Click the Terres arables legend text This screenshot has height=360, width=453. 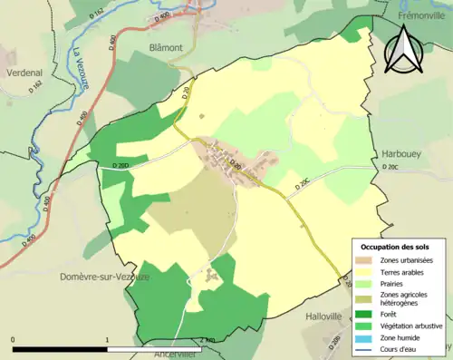[x=398, y=271]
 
